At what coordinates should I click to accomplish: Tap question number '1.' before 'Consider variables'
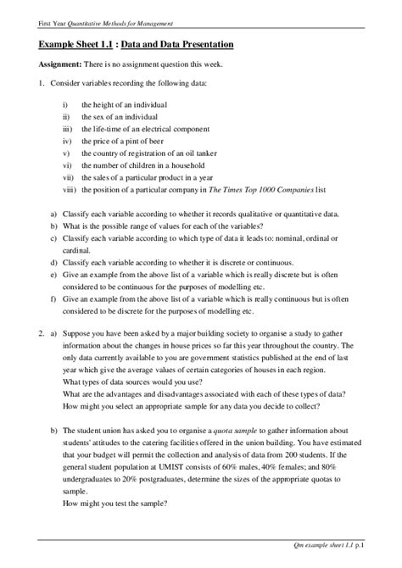[x=41, y=85]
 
